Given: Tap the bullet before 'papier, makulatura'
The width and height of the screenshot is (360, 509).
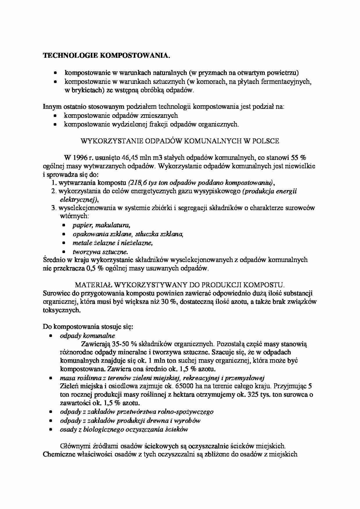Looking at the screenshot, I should click(x=64, y=225).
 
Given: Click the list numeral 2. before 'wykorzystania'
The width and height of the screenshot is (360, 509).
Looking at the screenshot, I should click(x=54, y=191).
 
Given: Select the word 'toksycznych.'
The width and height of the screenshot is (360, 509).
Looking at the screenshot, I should click(x=61, y=310).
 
